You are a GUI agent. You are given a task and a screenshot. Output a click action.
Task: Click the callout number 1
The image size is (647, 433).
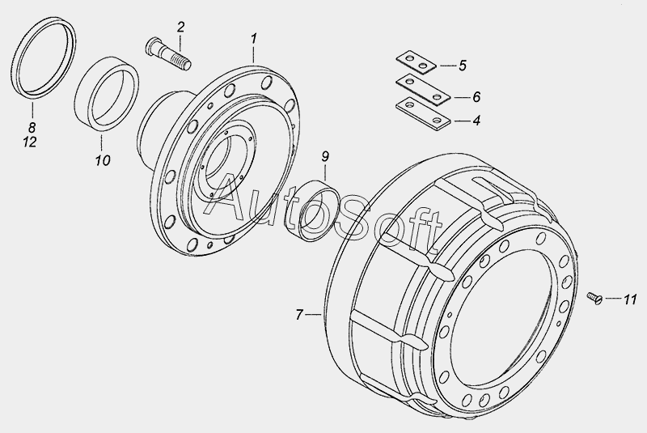click(254, 39)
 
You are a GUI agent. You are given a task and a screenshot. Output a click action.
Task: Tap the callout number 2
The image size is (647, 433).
click(180, 28)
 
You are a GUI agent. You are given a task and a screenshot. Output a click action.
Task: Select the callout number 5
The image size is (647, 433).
click(462, 66)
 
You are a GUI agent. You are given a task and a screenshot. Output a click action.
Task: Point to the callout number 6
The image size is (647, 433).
click(476, 97)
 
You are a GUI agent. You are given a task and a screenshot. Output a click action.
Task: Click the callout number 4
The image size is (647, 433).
click(476, 121)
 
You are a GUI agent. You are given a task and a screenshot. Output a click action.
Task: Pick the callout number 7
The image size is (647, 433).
click(299, 315)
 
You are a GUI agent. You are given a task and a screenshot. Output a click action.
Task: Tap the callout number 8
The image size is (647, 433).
click(32, 127)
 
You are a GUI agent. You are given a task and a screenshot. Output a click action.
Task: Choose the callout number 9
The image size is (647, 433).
click(325, 157)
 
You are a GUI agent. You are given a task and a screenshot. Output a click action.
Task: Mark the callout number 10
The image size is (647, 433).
click(103, 160)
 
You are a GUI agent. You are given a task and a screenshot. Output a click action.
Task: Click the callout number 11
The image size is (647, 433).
click(630, 299)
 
